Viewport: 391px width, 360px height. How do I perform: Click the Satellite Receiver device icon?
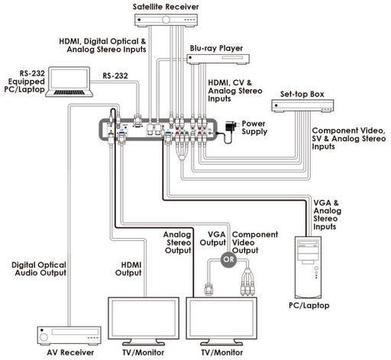pos(166,21)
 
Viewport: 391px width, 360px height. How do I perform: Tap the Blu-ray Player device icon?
pos(218,59)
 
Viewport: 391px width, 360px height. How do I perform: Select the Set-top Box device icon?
pos(302,106)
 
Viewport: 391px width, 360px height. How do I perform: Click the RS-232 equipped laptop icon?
pos(69,82)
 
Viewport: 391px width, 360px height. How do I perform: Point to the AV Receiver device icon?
pos(69,336)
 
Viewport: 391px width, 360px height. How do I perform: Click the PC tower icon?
pos(308,268)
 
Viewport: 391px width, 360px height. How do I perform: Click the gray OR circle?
pos(228,259)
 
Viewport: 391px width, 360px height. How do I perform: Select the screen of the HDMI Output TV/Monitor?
pos(144,318)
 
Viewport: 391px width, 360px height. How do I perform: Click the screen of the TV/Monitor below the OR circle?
pos(221,318)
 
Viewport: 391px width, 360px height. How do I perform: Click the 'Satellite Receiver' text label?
pos(166,7)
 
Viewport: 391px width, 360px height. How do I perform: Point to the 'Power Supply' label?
pos(254,127)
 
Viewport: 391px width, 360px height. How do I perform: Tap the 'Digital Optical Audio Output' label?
pos(39,269)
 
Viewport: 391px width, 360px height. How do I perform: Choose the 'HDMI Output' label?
pos(128,269)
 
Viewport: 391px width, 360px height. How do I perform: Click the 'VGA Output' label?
pos(213,239)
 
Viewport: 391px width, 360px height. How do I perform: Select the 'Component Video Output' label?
pos(255,243)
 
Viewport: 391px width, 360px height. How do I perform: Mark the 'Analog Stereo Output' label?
pos(177,243)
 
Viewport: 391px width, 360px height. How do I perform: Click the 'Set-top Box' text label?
pos(302,95)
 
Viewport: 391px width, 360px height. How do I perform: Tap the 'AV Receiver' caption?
pos(70,352)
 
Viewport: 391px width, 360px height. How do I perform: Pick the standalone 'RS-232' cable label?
pos(115,76)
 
